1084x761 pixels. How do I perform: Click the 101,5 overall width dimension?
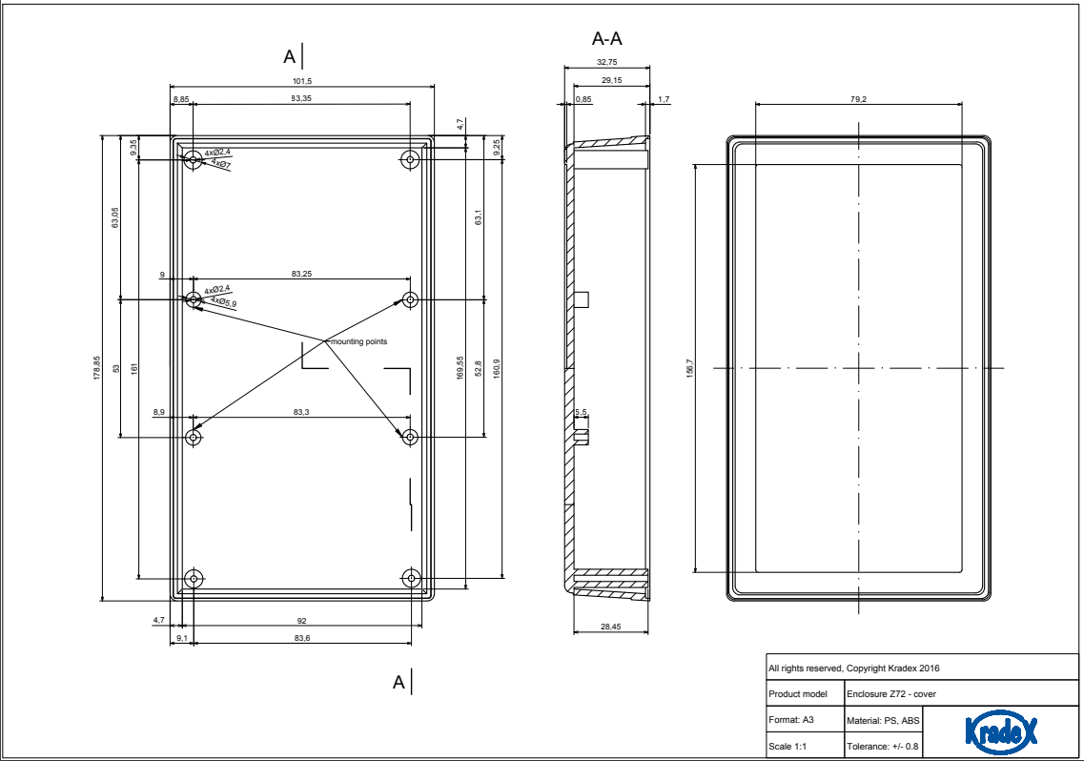(x=302, y=80)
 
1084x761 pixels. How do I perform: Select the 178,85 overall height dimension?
(x=96, y=369)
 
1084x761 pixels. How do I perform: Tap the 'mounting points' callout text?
(x=358, y=341)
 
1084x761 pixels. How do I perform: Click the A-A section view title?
(x=607, y=39)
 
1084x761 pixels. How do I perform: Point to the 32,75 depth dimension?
(x=606, y=62)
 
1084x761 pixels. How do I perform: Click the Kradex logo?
(x=1000, y=731)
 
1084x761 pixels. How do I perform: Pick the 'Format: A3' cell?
(x=791, y=719)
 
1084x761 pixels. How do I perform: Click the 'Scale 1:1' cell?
(x=789, y=746)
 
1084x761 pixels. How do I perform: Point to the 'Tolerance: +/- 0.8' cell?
(x=883, y=746)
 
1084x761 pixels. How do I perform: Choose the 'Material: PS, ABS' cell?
(x=883, y=719)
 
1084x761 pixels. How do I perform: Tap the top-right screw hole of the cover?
(x=411, y=159)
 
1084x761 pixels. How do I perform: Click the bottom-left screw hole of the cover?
(x=194, y=579)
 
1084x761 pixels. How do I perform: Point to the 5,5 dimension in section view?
(x=583, y=413)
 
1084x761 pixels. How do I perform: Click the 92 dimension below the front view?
(x=301, y=622)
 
